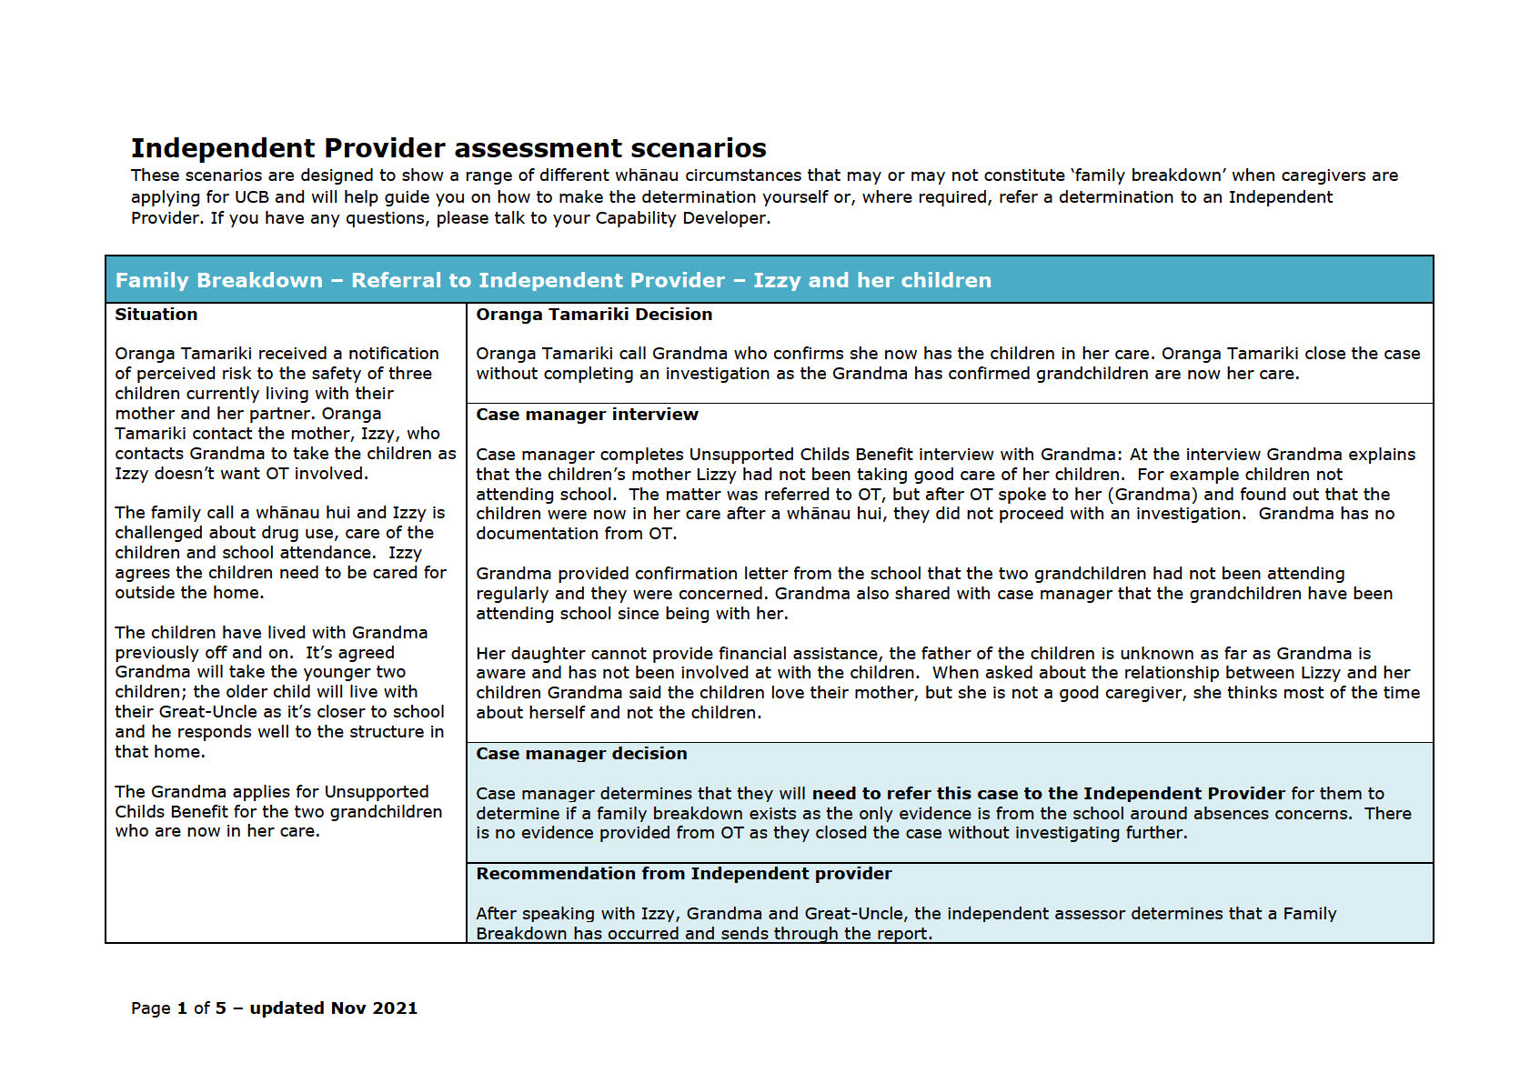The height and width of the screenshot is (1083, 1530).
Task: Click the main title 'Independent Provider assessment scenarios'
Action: click(x=448, y=148)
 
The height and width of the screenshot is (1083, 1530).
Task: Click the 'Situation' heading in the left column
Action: click(x=156, y=315)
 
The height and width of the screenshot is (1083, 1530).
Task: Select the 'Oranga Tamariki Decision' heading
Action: click(x=593, y=315)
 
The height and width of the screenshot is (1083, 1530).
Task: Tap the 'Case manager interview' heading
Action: click(x=587, y=415)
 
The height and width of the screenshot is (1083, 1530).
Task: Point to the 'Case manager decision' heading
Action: click(x=581, y=754)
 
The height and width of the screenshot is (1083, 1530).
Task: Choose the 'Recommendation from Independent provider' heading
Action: click(x=683, y=874)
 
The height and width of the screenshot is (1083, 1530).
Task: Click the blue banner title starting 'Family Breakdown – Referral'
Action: click(x=553, y=280)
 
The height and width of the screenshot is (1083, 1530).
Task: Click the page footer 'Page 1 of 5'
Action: click(x=178, y=1008)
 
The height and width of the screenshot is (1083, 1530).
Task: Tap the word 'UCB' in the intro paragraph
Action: click(x=251, y=197)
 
